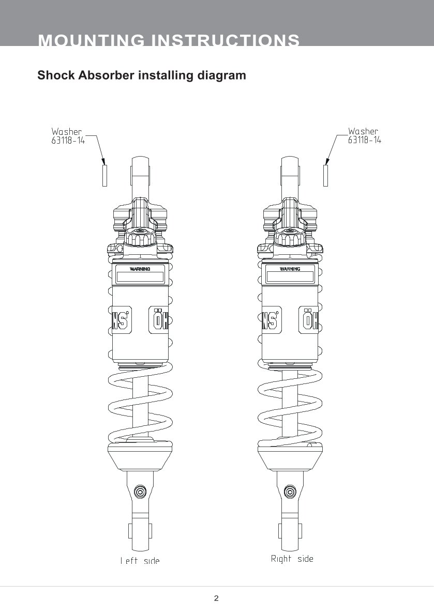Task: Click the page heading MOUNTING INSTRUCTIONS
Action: (169, 40)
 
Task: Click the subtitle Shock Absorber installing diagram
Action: (142, 75)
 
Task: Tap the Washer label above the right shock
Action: (363, 132)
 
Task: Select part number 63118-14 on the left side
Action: (68, 140)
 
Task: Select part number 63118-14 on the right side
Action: (364, 140)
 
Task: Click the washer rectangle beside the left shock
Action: (104, 175)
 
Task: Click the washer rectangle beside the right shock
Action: (326, 175)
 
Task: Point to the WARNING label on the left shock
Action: (140, 269)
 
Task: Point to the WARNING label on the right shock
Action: (290, 269)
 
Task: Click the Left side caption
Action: (140, 561)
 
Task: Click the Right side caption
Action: (292, 559)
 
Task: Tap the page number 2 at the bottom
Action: (216, 598)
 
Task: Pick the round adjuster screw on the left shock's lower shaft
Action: (139, 490)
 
